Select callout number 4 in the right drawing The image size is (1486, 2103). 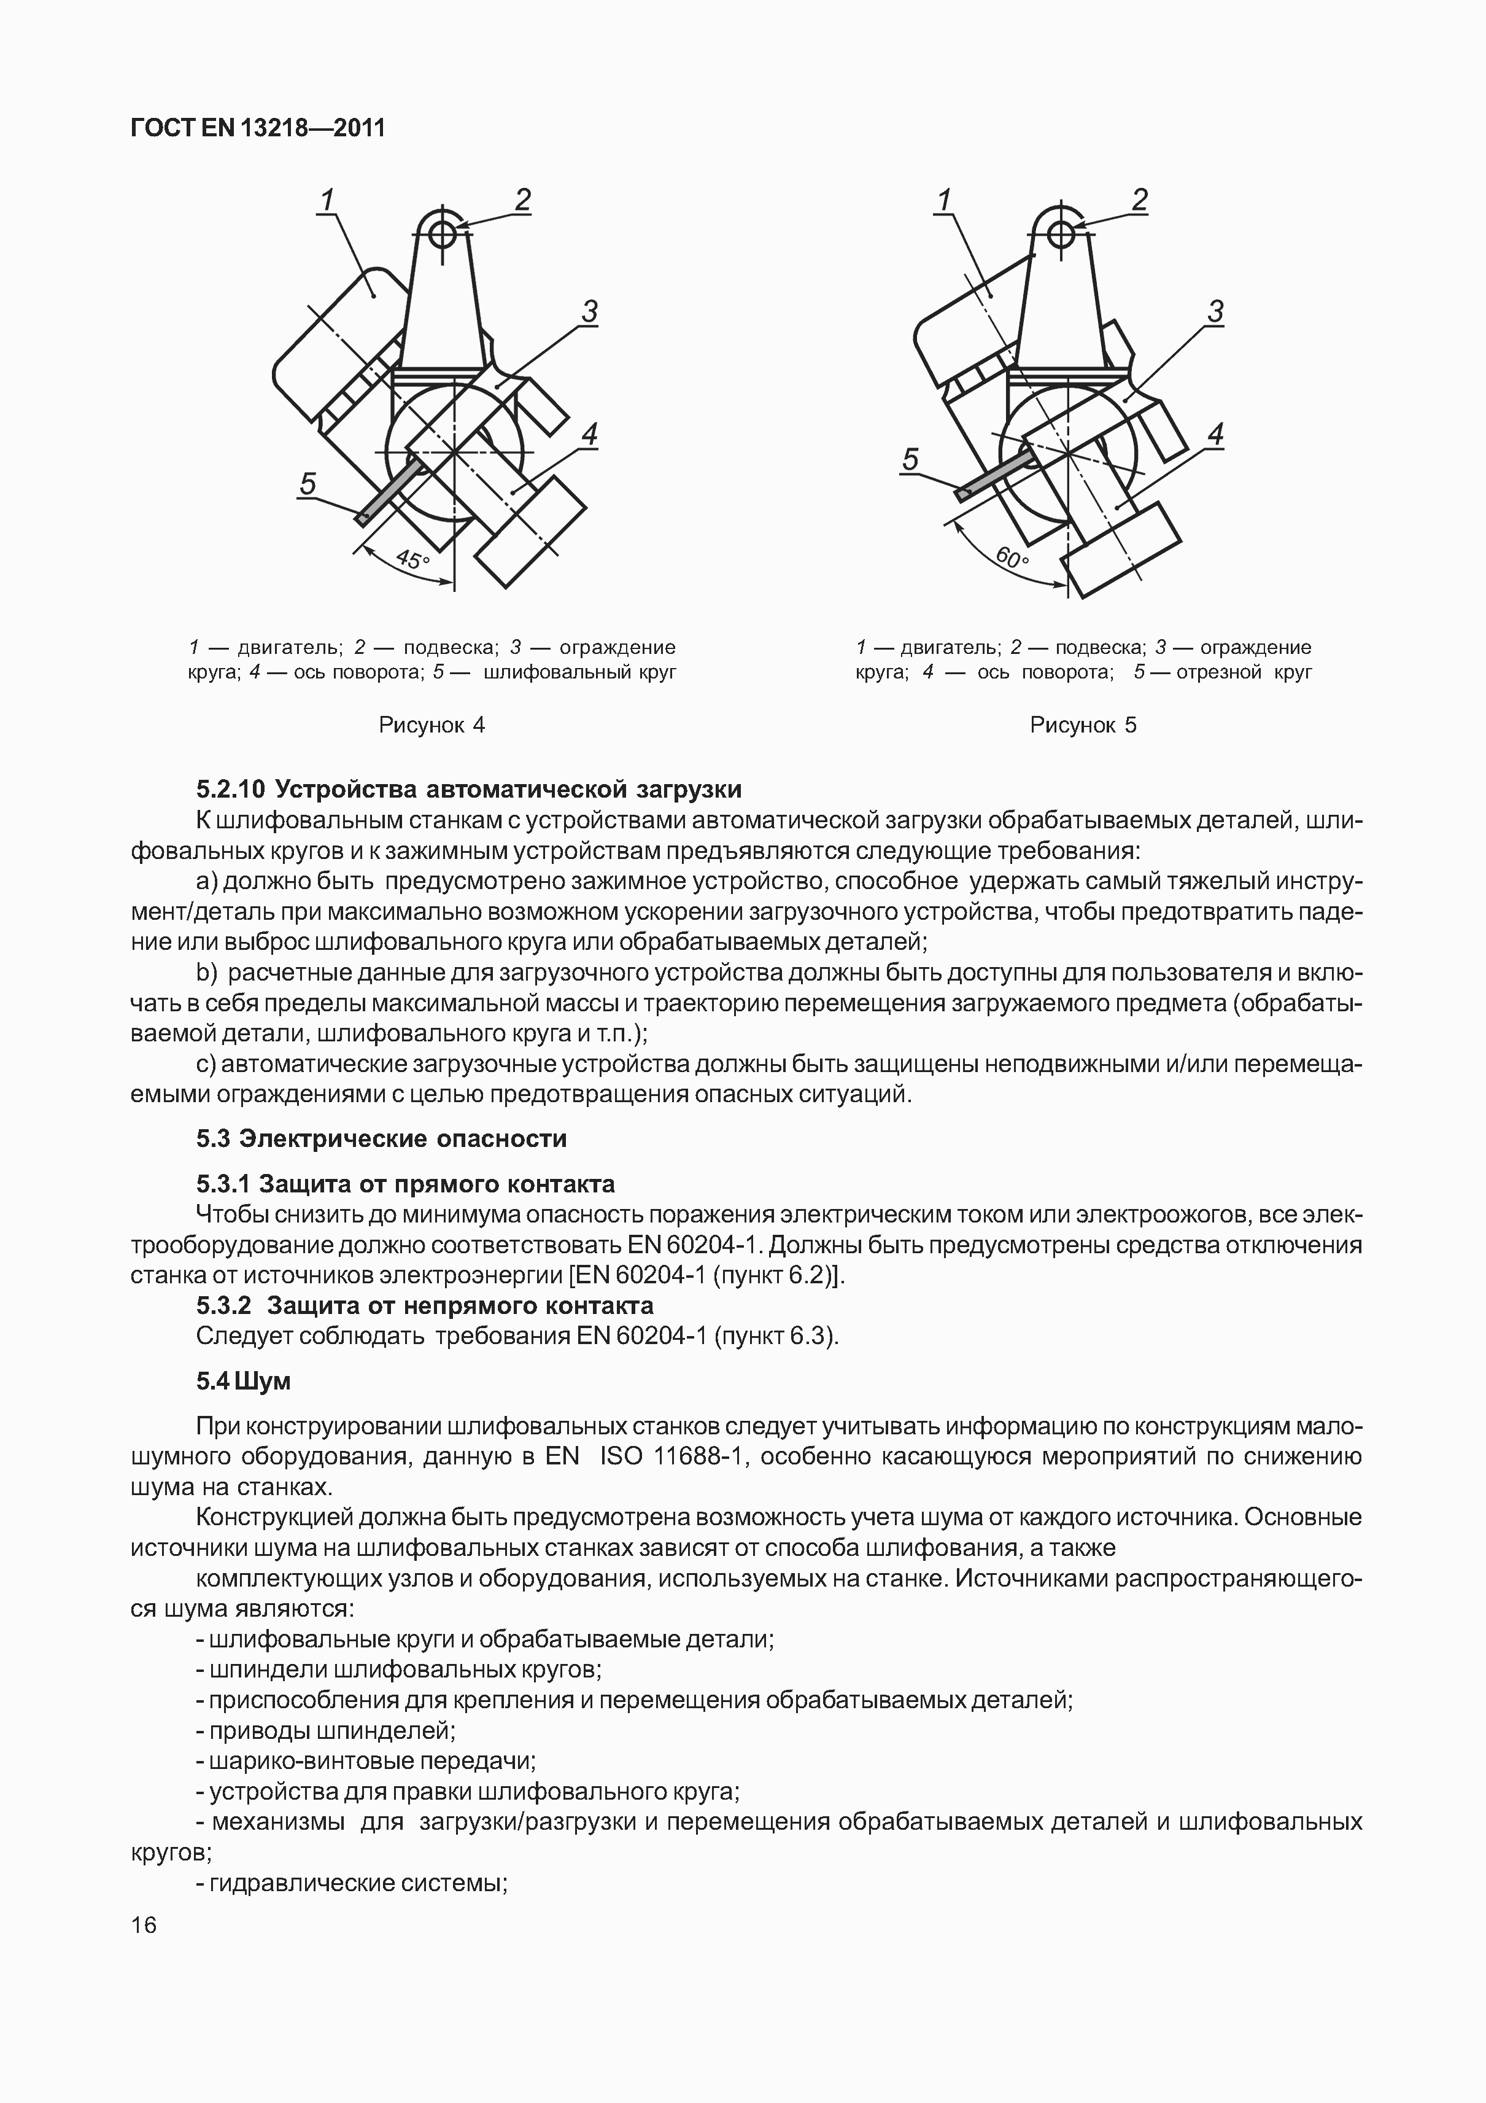[1215, 434]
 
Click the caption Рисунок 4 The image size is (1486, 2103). [431, 725]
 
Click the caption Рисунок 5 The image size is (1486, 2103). [1083, 725]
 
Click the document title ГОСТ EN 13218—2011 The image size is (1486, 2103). [258, 128]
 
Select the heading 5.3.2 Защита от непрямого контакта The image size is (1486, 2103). [424, 1305]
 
